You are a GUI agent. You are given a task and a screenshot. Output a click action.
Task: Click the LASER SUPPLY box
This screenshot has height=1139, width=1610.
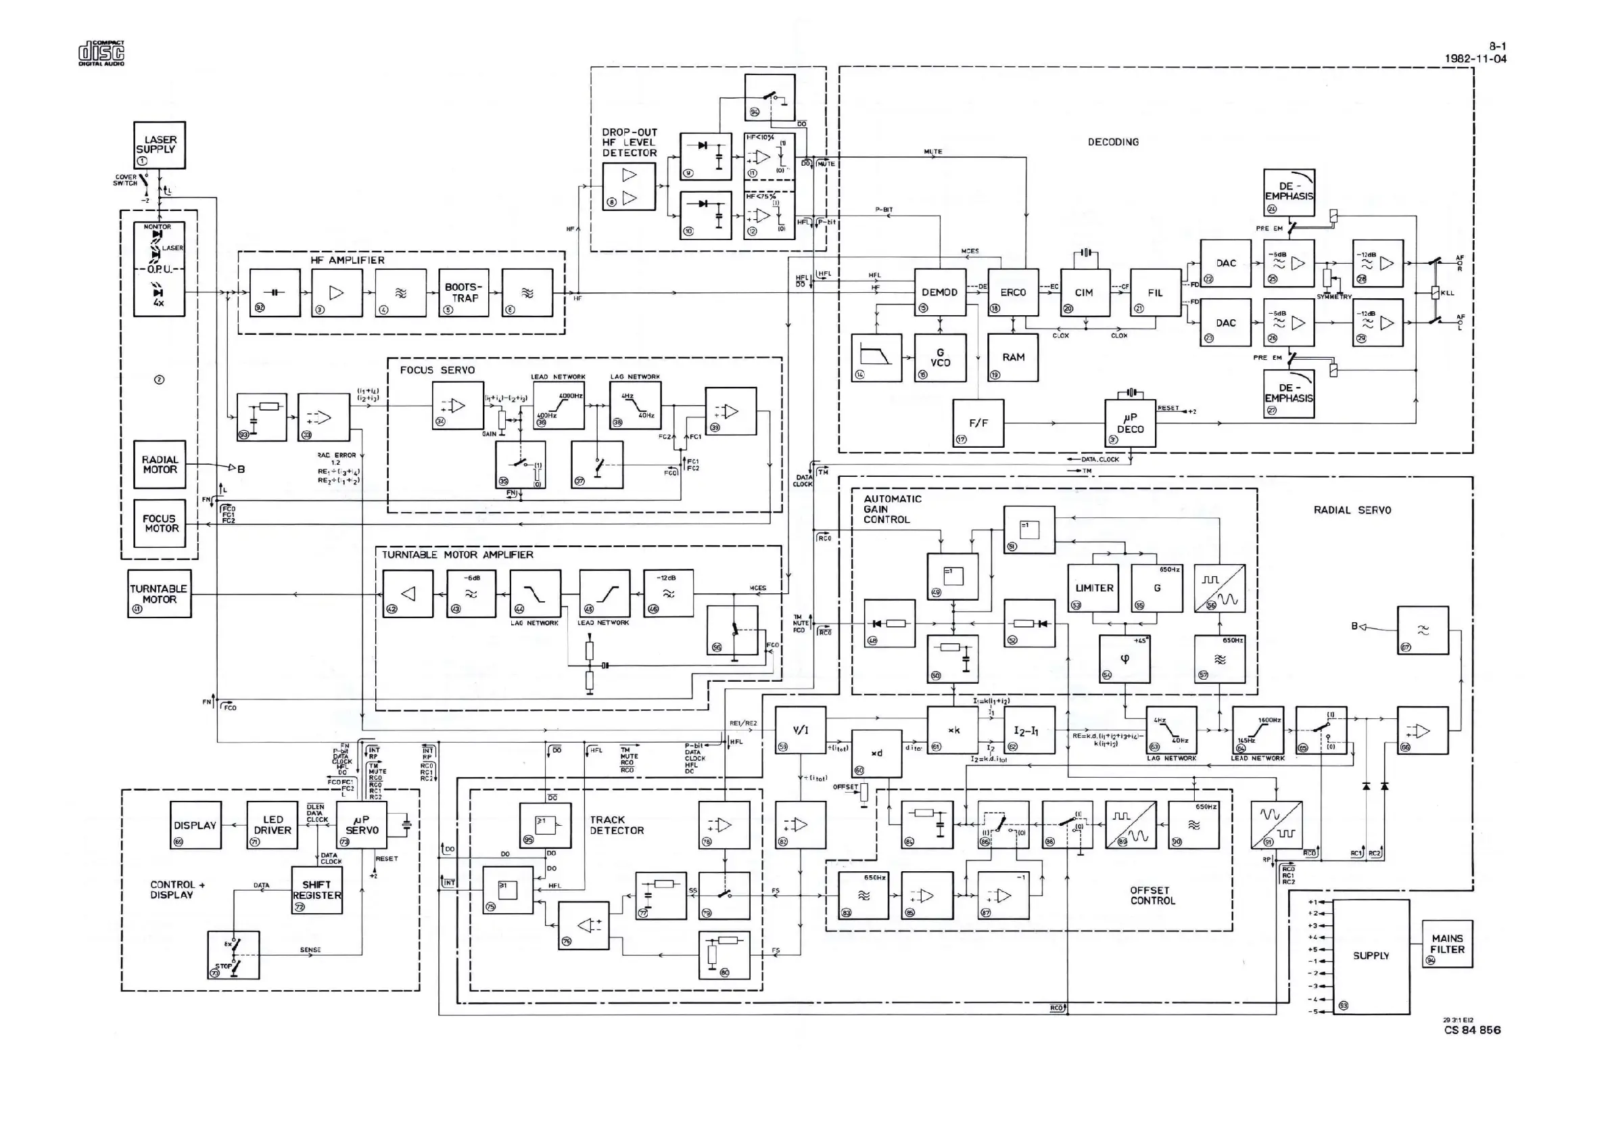159,145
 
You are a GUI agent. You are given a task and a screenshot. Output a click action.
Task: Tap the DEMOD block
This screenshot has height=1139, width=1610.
940,292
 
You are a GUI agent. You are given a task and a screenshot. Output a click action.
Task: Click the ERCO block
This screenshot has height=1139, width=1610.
1012,292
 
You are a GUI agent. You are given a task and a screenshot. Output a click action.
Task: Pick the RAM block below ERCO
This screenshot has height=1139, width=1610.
1012,358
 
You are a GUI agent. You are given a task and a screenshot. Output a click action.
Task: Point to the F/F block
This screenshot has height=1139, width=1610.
978,423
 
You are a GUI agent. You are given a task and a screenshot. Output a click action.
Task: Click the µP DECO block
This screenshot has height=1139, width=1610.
1130,423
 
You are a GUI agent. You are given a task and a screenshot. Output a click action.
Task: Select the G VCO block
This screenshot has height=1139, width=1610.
940,358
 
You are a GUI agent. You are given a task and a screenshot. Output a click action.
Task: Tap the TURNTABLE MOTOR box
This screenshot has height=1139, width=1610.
159,593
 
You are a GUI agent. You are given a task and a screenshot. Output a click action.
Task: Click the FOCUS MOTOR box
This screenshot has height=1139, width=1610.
160,524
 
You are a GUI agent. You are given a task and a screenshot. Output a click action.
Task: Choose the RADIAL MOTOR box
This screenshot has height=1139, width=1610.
160,464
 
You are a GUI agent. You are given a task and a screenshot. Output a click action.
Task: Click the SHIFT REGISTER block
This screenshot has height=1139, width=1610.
317,890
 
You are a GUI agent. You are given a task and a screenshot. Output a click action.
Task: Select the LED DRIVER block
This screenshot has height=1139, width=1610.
272,825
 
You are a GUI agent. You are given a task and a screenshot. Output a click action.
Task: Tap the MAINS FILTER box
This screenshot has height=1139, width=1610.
1446,944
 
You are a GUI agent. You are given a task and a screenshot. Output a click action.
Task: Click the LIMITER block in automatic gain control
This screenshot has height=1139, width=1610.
1094,588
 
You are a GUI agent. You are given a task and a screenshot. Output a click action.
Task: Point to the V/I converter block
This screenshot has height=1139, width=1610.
800,730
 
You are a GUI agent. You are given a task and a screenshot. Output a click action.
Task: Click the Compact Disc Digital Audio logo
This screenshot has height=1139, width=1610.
101,53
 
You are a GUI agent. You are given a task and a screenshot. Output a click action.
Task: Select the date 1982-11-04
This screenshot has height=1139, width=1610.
1475,59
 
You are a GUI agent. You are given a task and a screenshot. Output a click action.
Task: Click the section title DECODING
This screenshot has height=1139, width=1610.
1113,142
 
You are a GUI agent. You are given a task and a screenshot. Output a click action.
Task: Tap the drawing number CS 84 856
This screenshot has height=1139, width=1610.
1472,1030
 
